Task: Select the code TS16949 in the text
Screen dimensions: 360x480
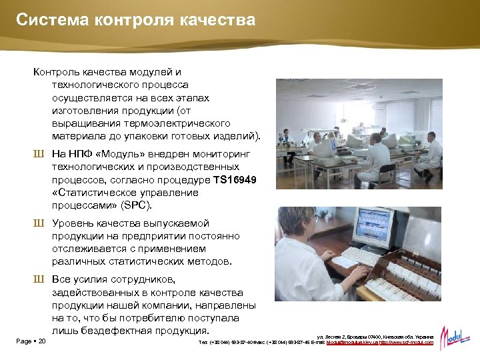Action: pos(235,181)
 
